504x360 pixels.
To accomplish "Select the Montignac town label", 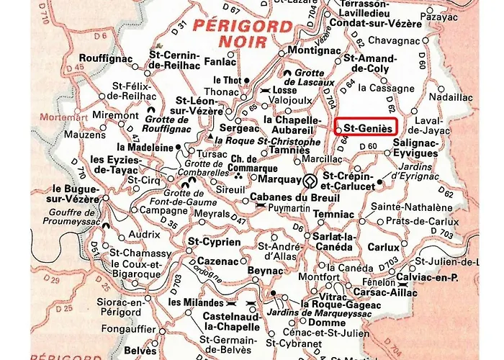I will pos(312,51).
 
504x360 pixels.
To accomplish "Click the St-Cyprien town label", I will pos(214,242).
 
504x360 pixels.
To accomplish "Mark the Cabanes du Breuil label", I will pos(289,194).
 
